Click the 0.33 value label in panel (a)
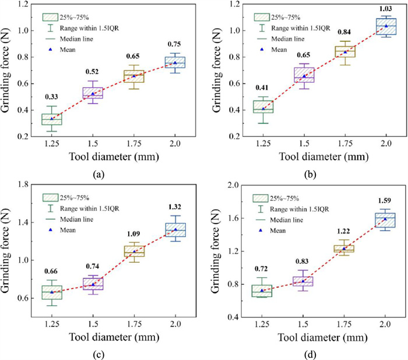pos(51,96)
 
